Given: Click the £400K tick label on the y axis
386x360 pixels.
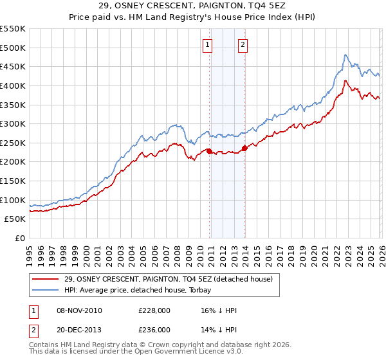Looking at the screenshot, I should (x=13, y=85).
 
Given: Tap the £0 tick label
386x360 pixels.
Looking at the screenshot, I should (x=20, y=238).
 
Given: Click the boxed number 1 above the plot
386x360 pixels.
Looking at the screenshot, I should (x=208, y=44).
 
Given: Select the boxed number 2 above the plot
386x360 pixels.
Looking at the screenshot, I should (x=243, y=44).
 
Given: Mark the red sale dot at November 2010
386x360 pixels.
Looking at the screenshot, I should (x=209, y=151).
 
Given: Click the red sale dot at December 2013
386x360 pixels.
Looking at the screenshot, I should (x=244, y=148).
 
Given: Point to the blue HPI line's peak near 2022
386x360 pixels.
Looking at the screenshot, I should (x=345, y=55).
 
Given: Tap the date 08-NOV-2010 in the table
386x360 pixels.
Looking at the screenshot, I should (x=79, y=310).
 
